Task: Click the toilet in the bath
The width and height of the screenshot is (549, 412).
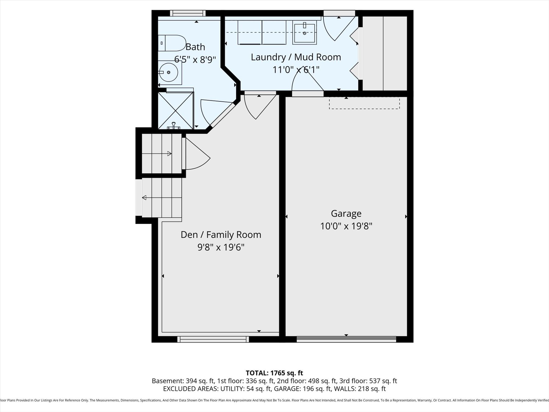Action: click(173, 43)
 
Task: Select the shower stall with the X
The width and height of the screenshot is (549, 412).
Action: click(175, 110)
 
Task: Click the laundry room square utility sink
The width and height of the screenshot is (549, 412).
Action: click(304, 33)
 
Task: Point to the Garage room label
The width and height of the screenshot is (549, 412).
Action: click(346, 213)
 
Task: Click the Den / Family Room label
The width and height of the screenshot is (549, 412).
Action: click(221, 235)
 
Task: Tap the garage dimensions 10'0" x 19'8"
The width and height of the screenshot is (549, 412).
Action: click(346, 226)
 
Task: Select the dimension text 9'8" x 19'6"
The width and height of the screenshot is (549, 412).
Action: click(221, 247)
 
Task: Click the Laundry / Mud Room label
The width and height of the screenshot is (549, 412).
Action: click(296, 57)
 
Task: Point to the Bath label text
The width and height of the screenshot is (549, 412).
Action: click(195, 47)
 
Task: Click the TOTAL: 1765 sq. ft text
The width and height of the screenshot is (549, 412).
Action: click(274, 373)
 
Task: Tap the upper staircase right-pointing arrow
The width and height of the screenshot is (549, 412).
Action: click(169, 154)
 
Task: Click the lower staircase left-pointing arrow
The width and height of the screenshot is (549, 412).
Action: click(144, 198)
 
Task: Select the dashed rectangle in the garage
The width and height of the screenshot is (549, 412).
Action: click(364, 103)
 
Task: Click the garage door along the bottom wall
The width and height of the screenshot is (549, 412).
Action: click(346, 339)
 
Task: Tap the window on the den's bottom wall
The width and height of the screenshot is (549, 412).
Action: click(213, 339)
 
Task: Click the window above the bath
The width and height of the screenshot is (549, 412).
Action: click(188, 13)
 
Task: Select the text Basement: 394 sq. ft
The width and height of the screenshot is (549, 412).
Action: click(183, 381)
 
